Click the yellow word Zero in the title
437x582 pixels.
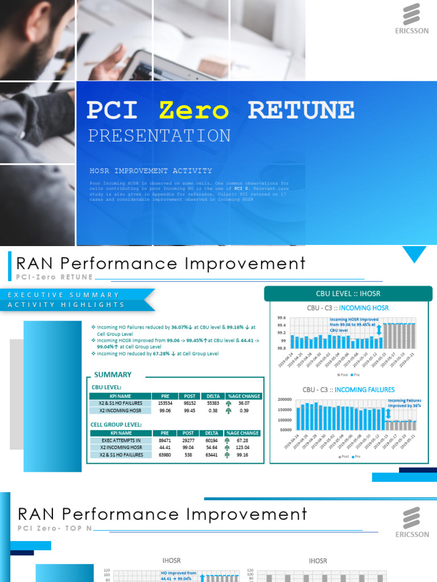(194, 110)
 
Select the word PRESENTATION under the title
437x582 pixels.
(159, 136)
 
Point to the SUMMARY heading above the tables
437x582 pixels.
(113, 375)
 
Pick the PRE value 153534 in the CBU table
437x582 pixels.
(165, 403)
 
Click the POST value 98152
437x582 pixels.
(189, 403)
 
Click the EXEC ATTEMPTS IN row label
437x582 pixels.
(121, 440)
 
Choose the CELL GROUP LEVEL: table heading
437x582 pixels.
(117, 425)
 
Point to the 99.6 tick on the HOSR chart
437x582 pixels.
(281, 318)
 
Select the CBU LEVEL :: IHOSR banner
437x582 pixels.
(348, 294)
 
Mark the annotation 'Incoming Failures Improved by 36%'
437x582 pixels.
(404, 404)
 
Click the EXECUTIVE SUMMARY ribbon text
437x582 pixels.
(63, 295)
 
